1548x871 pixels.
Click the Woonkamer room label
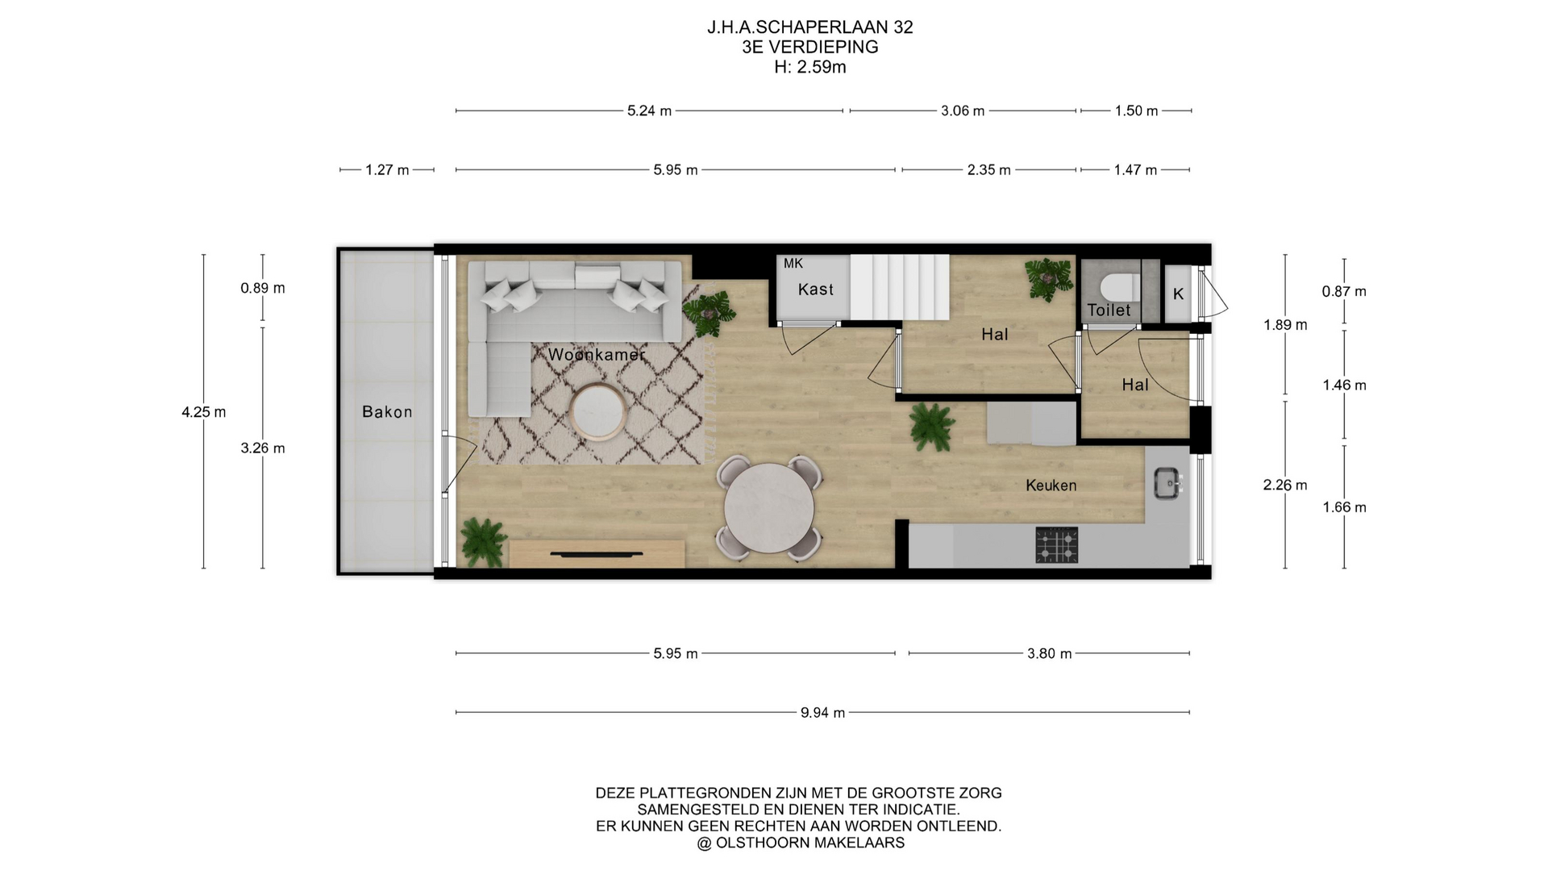coord(597,355)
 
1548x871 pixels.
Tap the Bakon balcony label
coord(387,412)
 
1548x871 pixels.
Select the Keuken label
coord(1051,486)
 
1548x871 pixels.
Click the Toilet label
coord(1109,310)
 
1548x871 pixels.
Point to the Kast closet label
coord(816,290)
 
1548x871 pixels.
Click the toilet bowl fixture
coord(1120,286)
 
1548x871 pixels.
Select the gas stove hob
coord(1057,545)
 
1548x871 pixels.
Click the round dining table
coord(769,508)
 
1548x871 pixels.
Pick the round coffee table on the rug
coord(597,412)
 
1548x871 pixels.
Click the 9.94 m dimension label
coord(822,713)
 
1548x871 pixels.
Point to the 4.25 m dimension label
coord(204,412)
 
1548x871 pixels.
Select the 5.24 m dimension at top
coord(649,111)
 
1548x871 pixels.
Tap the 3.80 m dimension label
coord(1049,654)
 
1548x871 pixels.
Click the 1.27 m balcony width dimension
coord(387,170)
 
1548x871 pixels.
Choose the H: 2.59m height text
coord(810,68)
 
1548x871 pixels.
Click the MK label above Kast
coord(793,264)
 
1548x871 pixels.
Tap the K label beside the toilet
coord(1178,294)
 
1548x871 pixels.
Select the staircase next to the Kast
coord(899,287)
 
